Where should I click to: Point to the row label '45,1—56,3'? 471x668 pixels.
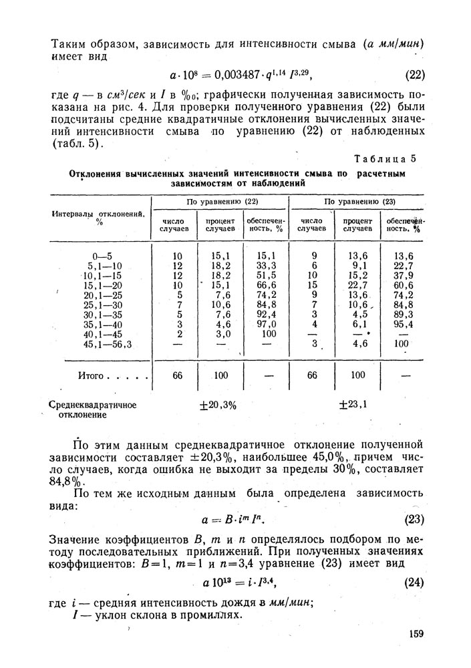(x=108, y=344)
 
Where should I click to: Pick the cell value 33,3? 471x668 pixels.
(x=267, y=265)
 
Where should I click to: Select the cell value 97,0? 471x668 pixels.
(x=267, y=324)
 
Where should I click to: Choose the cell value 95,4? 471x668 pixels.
(x=402, y=324)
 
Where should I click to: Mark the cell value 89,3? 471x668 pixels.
(x=402, y=314)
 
